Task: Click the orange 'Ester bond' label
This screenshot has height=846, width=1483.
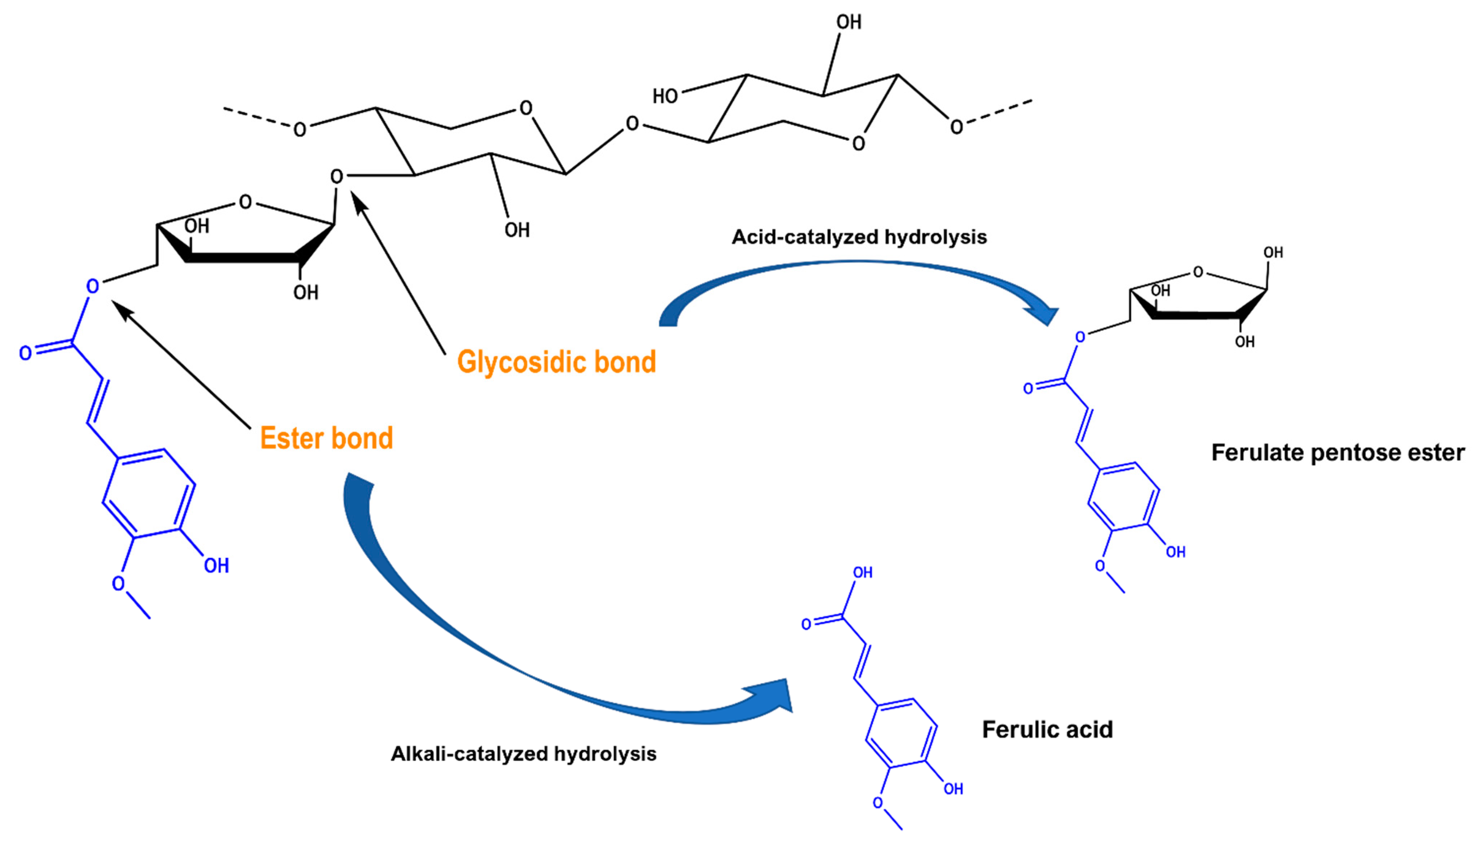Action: pyautogui.click(x=326, y=438)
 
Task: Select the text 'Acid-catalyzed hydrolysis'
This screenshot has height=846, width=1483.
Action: pyautogui.click(x=859, y=237)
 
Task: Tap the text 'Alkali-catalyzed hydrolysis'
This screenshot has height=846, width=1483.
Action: pyautogui.click(x=523, y=754)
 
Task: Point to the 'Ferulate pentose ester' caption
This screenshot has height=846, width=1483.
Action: pyautogui.click(x=1338, y=452)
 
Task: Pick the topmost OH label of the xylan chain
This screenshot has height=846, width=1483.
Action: pyautogui.click(x=849, y=22)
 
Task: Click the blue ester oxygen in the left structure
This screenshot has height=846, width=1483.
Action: pyautogui.click(x=92, y=286)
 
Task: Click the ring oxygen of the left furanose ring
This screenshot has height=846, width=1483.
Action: pyautogui.click(x=245, y=202)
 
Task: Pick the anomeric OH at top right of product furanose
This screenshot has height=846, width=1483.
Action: pyautogui.click(x=1273, y=252)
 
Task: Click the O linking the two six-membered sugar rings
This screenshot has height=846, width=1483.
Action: pyautogui.click(x=632, y=124)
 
